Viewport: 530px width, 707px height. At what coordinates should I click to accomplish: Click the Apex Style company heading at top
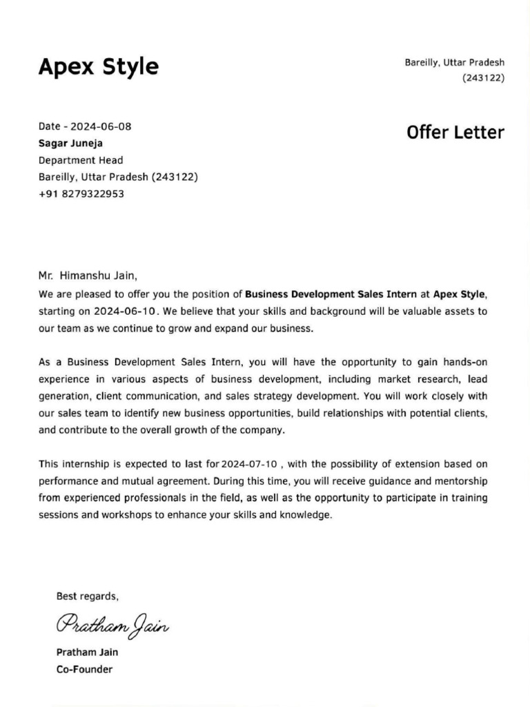click(98, 67)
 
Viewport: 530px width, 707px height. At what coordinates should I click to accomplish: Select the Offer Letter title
click(455, 133)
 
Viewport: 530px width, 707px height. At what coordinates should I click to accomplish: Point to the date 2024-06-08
click(101, 126)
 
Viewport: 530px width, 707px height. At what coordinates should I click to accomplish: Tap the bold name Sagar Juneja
click(70, 144)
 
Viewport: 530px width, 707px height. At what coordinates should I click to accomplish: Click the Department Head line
click(81, 160)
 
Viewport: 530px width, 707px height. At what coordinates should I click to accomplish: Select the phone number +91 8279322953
click(81, 194)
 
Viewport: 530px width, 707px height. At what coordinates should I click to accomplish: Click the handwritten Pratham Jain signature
click(112, 625)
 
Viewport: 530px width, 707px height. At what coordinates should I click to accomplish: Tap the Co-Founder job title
click(84, 669)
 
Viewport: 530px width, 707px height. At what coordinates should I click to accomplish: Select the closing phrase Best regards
click(87, 597)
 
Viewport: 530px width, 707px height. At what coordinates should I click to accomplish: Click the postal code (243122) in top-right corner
click(483, 78)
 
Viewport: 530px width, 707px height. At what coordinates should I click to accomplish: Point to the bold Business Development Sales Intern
click(331, 293)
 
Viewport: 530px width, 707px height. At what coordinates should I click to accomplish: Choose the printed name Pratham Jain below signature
click(87, 652)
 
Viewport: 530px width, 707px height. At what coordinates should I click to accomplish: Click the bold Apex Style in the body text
click(459, 293)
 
